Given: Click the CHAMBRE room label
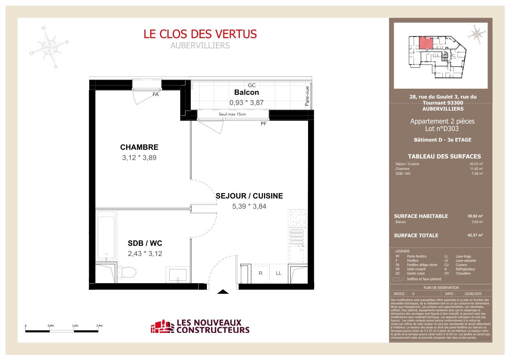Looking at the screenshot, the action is tap(139, 147).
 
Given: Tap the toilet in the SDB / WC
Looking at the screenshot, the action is tap(129, 272).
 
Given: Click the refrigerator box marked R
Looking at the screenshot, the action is tap(260, 273).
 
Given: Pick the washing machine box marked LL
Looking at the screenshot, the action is tap(278, 273).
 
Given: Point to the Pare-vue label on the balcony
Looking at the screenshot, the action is tap(307, 96).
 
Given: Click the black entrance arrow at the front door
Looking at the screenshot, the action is tap(223, 292).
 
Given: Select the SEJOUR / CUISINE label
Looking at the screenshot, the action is tap(249, 196).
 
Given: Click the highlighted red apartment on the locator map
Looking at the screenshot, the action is tap(425, 43).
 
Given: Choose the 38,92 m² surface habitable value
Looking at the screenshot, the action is tap(475, 216).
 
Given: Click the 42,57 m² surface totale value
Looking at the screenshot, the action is tap(475, 235).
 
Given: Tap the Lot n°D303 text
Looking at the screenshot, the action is tap(442, 129).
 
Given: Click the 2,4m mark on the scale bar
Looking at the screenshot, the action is tap(99, 325).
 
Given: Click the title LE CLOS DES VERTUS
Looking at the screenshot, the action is tap(200, 34).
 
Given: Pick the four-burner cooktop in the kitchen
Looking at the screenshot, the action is tap(297, 218).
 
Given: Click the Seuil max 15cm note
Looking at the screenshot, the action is tap(232, 114).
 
